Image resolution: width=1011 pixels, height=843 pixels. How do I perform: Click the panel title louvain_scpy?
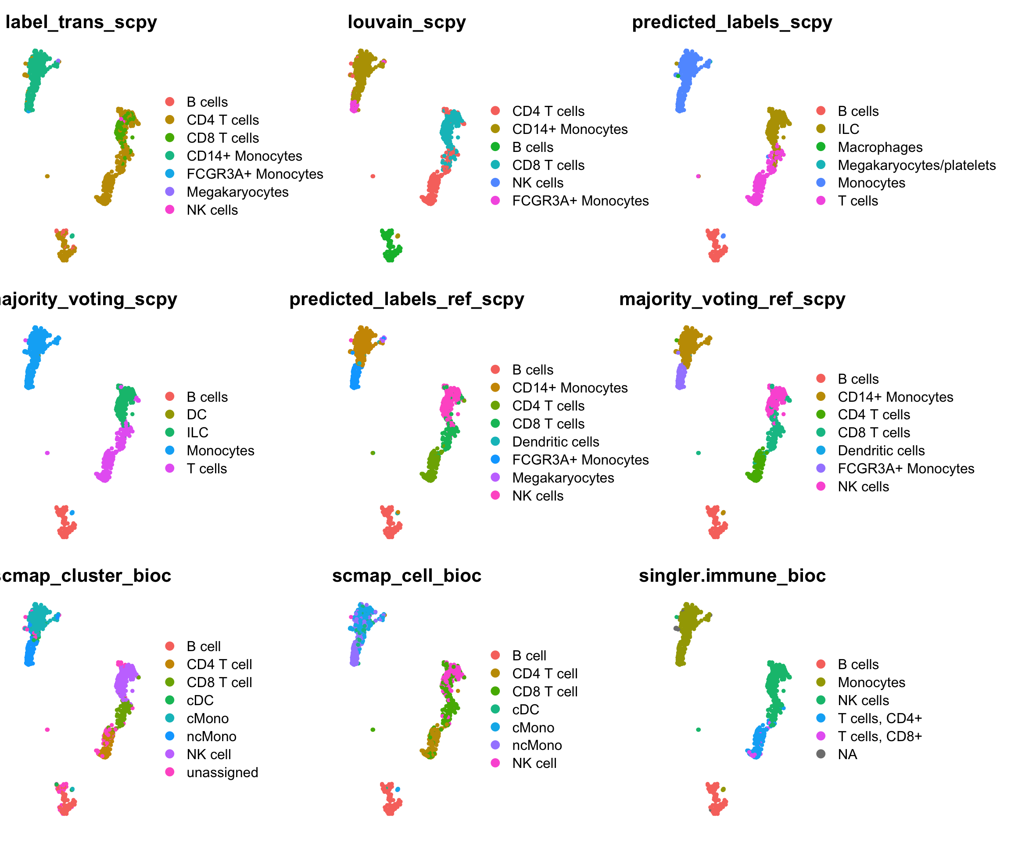(x=407, y=22)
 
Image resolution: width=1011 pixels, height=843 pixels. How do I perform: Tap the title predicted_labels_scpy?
(x=732, y=22)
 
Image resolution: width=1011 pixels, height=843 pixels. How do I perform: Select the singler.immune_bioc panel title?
(x=732, y=576)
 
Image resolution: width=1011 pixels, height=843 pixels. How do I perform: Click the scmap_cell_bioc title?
(x=407, y=576)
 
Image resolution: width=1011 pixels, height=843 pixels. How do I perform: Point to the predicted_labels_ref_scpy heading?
(x=407, y=299)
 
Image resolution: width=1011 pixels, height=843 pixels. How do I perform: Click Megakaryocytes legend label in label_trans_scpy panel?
(x=237, y=192)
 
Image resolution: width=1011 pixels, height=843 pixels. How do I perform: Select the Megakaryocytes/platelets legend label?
(x=917, y=165)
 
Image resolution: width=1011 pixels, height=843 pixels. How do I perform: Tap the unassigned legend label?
(x=222, y=773)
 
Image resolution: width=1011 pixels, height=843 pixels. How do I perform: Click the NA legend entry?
(x=847, y=754)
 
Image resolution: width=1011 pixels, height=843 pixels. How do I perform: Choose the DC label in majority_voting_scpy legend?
(x=197, y=415)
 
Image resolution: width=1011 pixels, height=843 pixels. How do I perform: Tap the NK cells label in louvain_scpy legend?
(x=538, y=183)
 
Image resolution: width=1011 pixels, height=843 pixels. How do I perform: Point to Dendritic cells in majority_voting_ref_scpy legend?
(x=881, y=451)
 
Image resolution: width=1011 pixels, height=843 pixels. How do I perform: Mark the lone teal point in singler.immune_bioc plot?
(x=699, y=730)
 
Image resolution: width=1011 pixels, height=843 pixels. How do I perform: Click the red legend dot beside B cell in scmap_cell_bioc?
(x=495, y=655)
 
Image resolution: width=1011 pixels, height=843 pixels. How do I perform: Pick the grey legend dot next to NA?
(x=821, y=754)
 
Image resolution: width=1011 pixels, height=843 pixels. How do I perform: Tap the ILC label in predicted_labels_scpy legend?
(x=848, y=129)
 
